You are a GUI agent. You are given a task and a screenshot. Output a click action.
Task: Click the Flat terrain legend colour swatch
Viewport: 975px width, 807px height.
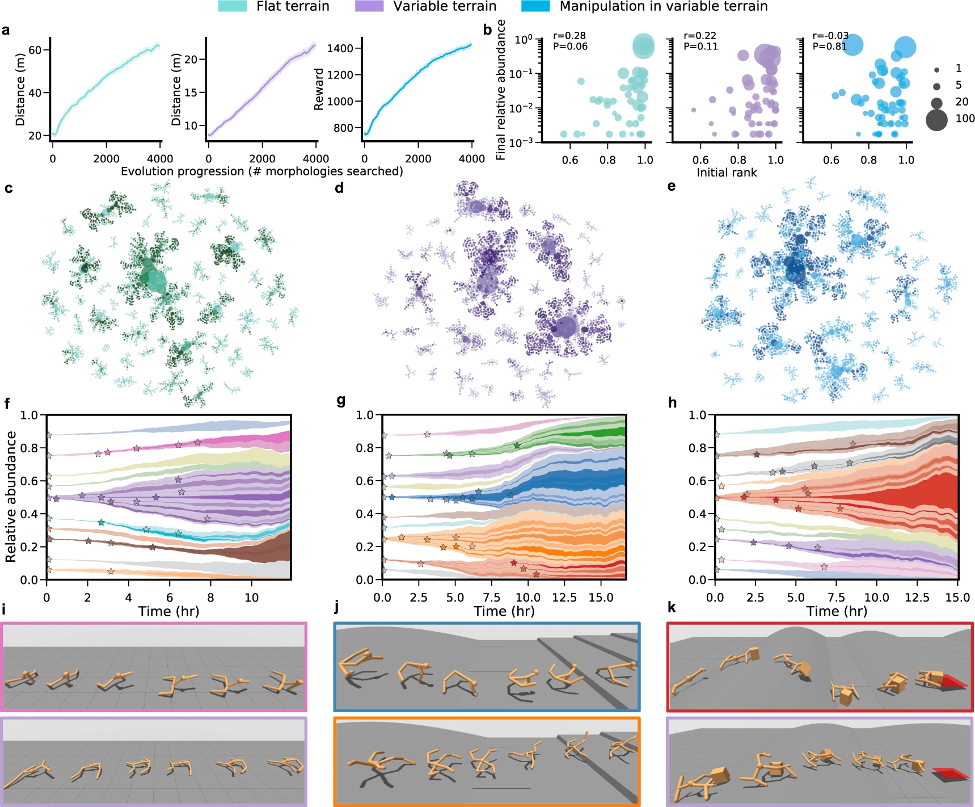[x=233, y=6]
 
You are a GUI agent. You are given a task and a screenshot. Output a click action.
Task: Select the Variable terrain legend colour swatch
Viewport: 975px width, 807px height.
[x=369, y=6]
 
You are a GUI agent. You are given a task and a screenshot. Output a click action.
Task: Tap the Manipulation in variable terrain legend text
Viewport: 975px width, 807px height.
[x=663, y=6]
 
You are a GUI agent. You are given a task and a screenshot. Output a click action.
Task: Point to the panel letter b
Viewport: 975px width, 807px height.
[x=487, y=30]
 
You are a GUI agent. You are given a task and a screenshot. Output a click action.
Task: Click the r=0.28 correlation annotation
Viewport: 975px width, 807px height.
[x=569, y=36]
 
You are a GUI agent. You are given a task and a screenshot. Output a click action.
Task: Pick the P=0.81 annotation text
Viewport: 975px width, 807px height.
[x=830, y=47]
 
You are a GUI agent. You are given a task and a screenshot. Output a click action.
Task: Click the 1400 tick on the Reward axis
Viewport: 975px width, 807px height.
[x=340, y=48]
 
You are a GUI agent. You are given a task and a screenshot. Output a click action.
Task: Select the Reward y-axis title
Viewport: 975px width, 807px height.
[x=319, y=89]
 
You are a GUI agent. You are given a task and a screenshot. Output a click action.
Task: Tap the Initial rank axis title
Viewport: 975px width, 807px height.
[x=727, y=173]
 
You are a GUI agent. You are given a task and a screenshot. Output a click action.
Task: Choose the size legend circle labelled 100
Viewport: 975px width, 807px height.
[x=936, y=120]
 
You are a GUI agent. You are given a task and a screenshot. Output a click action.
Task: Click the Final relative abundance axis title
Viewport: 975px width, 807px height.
[x=501, y=90]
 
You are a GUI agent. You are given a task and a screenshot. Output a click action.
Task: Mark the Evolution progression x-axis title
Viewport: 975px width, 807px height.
[x=261, y=171]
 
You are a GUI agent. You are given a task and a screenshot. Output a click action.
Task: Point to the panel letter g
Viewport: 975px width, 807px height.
[x=341, y=401]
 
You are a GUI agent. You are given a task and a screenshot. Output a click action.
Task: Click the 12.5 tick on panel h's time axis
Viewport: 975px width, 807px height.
[x=917, y=598]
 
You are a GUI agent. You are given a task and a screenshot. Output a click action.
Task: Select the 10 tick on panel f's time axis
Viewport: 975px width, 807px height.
[x=251, y=598]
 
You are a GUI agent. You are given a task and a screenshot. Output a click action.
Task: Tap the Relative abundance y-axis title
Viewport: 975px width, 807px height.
[x=11, y=497]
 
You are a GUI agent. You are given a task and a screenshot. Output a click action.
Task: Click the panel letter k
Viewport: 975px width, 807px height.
[x=672, y=608]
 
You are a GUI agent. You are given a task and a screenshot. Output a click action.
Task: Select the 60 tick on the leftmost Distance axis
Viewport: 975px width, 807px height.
[x=35, y=50]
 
